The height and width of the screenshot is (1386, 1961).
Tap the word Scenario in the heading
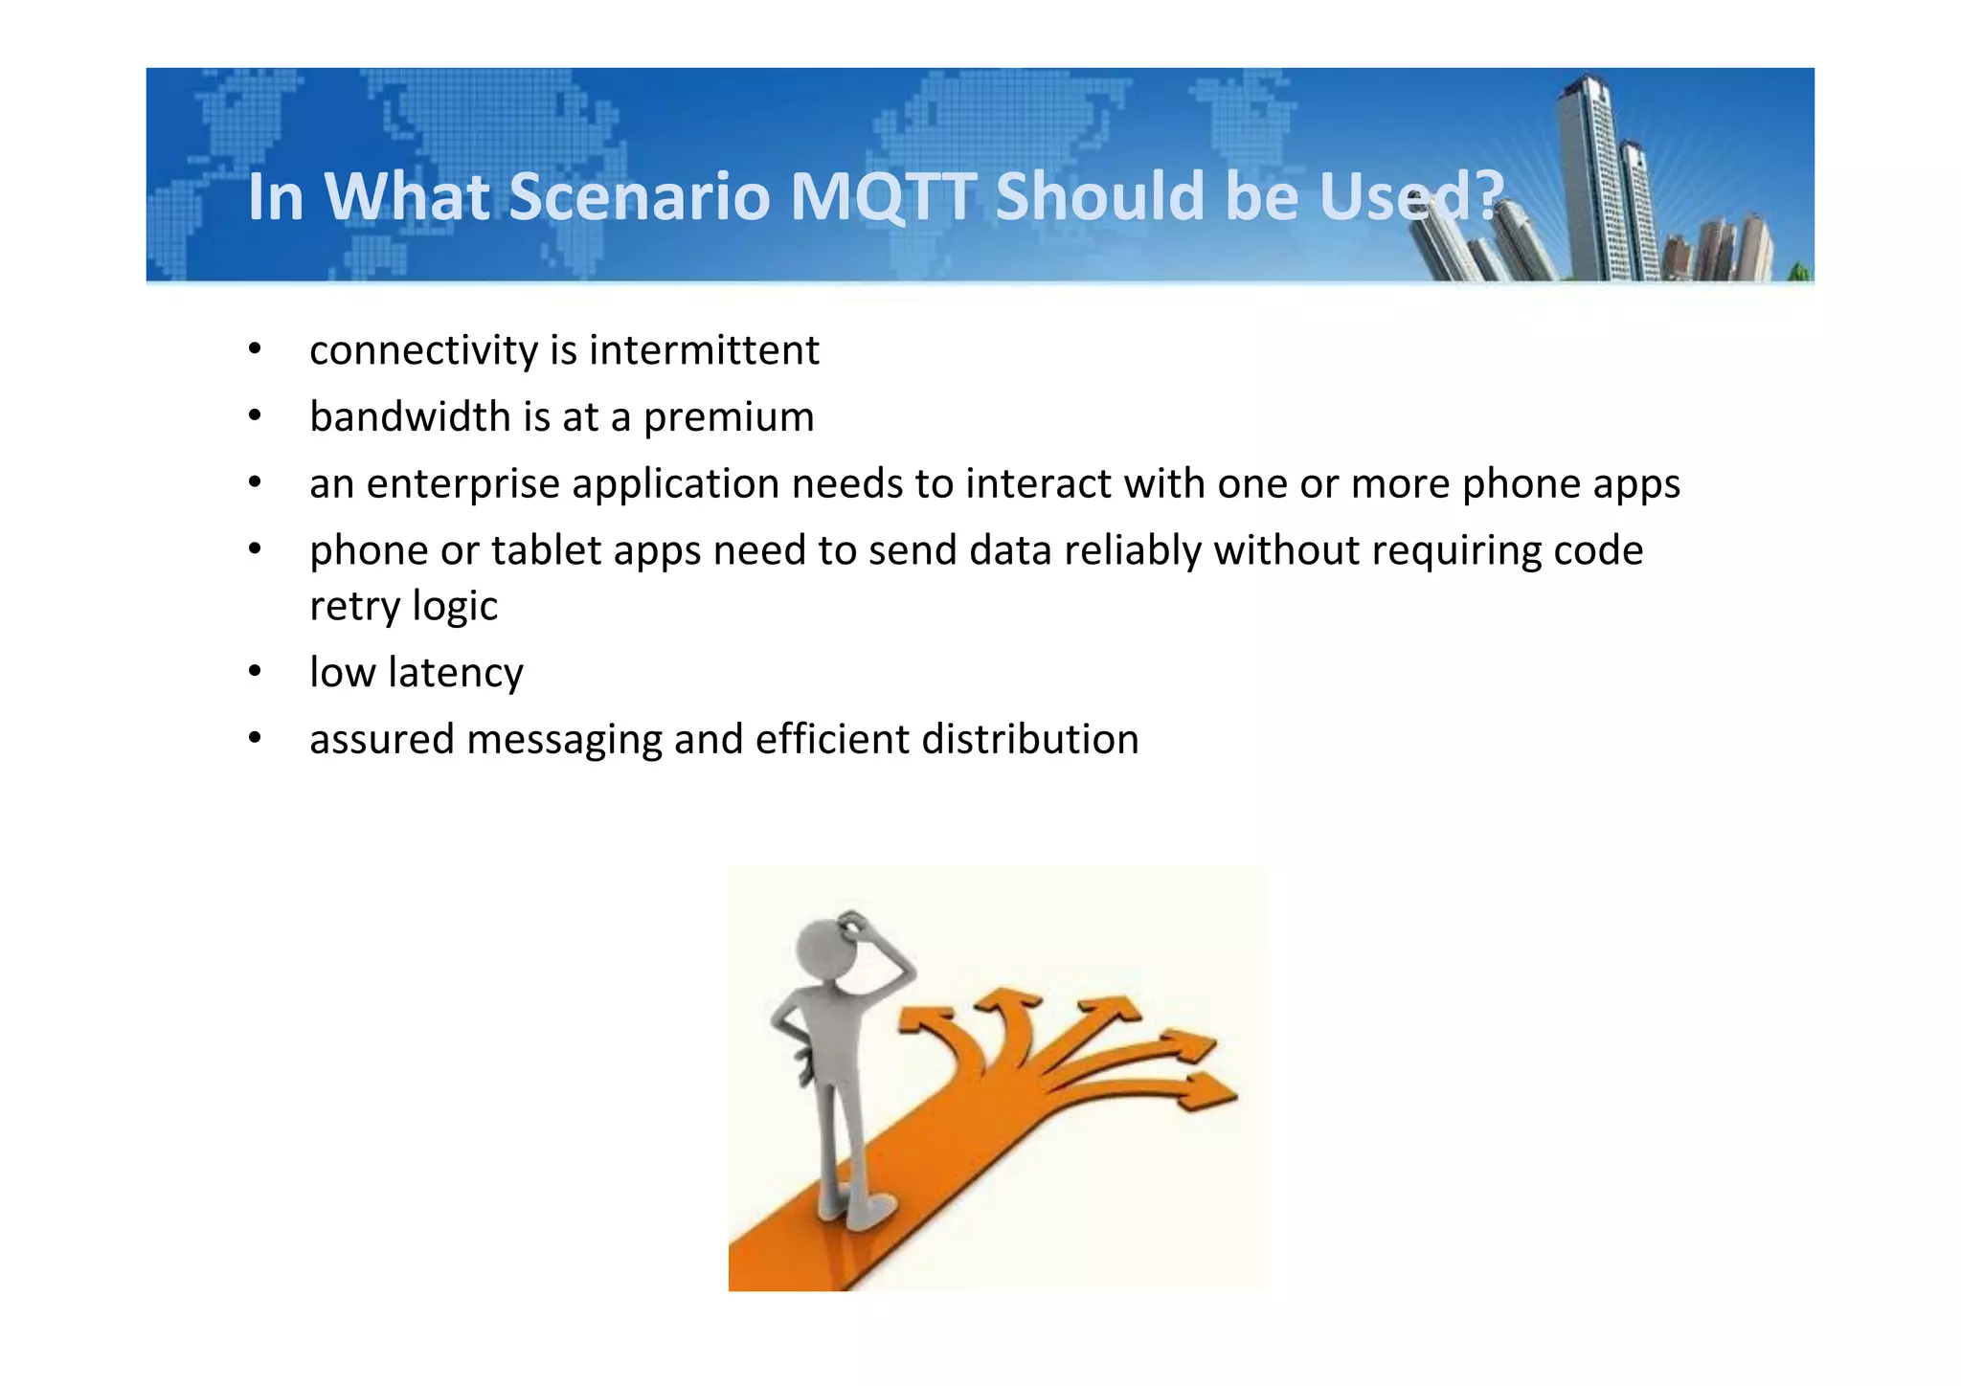pyautogui.click(x=639, y=196)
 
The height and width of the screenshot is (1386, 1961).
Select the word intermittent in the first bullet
pyautogui.click(x=704, y=350)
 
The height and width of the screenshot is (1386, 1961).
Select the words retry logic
pyautogui.click(x=403, y=607)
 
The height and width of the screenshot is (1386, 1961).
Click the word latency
pyautogui.click(x=455, y=674)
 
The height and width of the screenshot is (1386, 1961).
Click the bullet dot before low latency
pyautogui.click(x=254, y=672)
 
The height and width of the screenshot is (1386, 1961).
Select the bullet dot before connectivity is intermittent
pyautogui.click(x=254, y=349)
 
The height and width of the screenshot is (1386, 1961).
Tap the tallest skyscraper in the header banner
pyautogui.click(x=1589, y=172)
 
